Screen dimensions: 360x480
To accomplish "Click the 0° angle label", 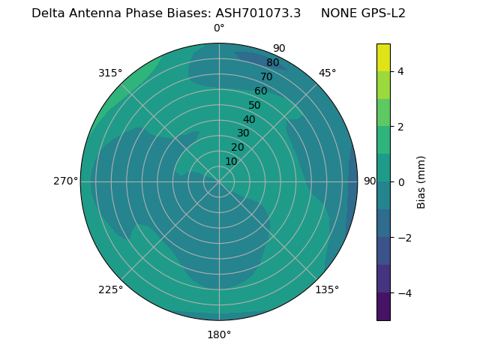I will click(219, 28).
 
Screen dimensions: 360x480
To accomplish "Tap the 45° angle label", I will click(327, 73).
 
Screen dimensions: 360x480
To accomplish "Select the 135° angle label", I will click(327, 289).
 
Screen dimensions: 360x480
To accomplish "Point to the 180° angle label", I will click(219, 334).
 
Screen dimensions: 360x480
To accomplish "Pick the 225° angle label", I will click(110, 289).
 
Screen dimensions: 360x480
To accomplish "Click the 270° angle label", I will click(65, 181).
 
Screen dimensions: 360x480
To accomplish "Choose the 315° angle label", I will click(110, 73).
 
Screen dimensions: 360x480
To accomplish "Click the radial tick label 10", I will click(231, 161).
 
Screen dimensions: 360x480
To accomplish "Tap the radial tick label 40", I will click(249, 119).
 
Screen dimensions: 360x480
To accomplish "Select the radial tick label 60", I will click(260, 91).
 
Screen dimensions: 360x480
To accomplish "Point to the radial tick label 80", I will click(272, 63).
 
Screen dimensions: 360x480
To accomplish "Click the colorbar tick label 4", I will click(401, 71).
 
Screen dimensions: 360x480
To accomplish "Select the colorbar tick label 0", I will click(401, 181).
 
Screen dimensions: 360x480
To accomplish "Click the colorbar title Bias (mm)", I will click(421, 181).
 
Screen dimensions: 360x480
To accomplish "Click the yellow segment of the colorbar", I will click(383, 58).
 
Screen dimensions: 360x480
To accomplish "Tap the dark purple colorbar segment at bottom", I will click(383, 306).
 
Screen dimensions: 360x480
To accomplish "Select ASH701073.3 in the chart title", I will click(258, 13).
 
